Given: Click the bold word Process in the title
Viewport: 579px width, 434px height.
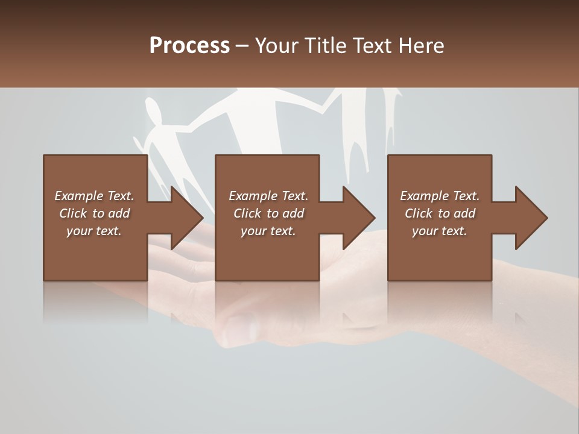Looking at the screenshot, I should (189, 46).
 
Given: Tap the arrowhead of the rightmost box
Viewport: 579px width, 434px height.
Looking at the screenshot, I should (530, 218).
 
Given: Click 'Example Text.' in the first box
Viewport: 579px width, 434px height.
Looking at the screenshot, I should (94, 196).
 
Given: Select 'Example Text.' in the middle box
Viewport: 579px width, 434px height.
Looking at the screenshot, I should (268, 196).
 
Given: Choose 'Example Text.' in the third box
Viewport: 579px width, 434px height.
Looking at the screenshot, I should (440, 196).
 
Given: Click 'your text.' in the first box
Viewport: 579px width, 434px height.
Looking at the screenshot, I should (94, 231).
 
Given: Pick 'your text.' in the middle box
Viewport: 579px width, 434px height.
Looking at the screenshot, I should (268, 231).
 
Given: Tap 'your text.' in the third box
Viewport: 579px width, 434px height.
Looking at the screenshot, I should (440, 231).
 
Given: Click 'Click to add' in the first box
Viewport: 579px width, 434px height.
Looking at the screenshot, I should (94, 213).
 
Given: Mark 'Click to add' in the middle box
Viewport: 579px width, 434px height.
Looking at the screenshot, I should (268, 213).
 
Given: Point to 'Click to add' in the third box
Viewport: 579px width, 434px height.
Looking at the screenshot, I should (440, 213).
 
